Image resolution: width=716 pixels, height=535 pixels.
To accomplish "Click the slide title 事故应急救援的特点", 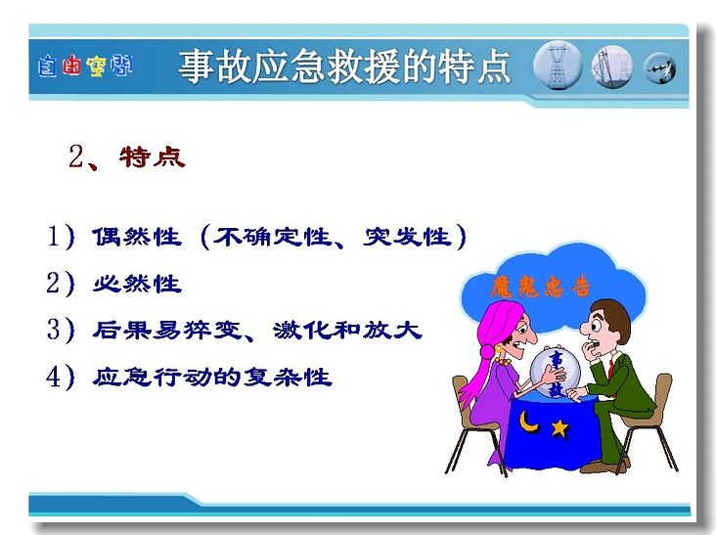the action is pyautogui.click(x=344, y=67).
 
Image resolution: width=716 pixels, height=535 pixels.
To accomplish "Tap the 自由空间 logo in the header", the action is pyautogui.click(x=85, y=67).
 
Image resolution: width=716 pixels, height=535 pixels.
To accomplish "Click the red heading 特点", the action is pyautogui.click(x=153, y=157).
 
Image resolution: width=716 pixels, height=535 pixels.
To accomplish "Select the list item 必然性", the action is pyautogui.click(x=137, y=284).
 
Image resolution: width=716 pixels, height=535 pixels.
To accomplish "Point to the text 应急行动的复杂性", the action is pyautogui.click(x=212, y=378).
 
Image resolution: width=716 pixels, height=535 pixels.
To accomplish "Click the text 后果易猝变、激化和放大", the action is pyautogui.click(x=257, y=330).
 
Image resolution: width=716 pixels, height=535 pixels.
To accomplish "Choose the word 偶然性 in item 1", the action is pyautogui.click(x=137, y=237).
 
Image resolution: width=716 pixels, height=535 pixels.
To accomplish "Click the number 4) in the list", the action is pyautogui.click(x=61, y=378).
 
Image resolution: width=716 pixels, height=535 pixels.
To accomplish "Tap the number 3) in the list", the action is pyautogui.click(x=61, y=330).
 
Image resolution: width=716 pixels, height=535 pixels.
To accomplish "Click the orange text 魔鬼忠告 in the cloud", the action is pyautogui.click(x=540, y=288).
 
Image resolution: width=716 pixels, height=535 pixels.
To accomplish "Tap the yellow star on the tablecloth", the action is pyautogui.click(x=559, y=428).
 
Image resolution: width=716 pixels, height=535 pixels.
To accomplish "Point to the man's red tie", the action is pyautogui.click(x=611, y=368).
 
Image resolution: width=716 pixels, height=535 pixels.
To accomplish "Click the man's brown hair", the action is pyautogui.click(x=614, y=317).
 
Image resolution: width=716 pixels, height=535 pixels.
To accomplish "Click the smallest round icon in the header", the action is pyautogui.click(x=660, y=68).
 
